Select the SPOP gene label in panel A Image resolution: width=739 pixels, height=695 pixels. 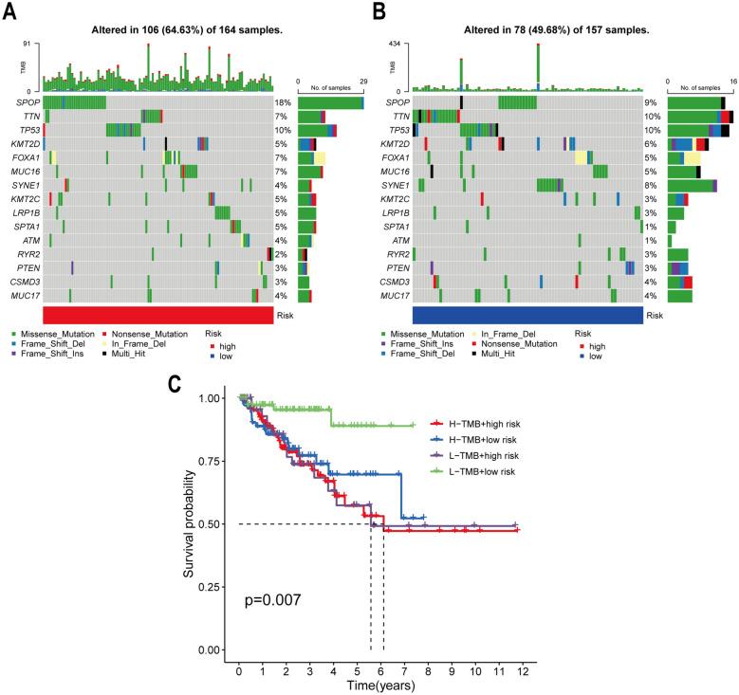coord(28,102)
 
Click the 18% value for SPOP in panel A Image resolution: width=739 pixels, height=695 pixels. coord(283,102)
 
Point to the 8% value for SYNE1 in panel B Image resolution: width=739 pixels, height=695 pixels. coord(651,185)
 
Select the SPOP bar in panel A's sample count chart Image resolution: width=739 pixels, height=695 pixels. coord(330,102)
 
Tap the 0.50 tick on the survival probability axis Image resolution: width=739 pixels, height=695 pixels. coord(216,524)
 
